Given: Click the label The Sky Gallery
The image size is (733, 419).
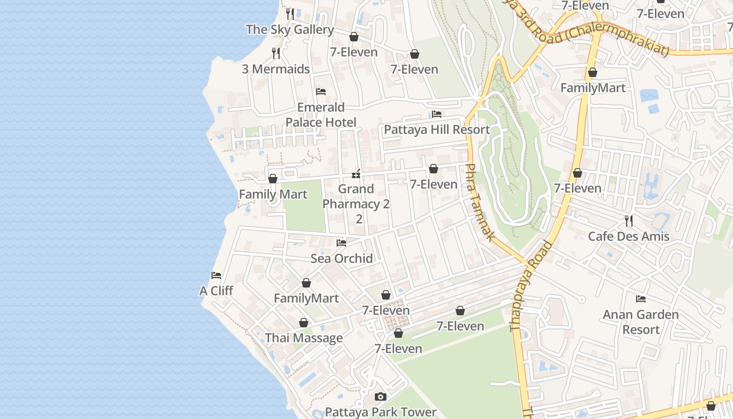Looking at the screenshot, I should pyautogui.click(x=290, y=30).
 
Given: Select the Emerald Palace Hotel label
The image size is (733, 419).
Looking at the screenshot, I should pyautogui.click(x=320, y=115).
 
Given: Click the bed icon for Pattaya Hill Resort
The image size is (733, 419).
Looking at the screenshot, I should pyautogui.click(x=437, y=114).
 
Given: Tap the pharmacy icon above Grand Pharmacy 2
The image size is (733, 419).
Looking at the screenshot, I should pyautogui.click(x=356, y=173).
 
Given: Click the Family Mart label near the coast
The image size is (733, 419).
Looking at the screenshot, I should pyautogui.click(x=273, y=194).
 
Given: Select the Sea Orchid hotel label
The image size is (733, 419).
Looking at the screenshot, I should pyautogui.click(x=341, y=258).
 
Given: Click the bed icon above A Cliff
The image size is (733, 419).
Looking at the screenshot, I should pyautogui.click(x=216, y=275).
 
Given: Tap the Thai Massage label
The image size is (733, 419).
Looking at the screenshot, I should pyautogui.click(x=304, y=338).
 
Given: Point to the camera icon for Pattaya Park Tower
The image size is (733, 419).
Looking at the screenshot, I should pyautogui.click(x=381, y=397).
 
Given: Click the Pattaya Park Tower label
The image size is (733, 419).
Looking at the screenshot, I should pyautogui.click(x=381, y=412).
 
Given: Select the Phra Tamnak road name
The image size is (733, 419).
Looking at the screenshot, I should pyautogui.click(x=479, y=202).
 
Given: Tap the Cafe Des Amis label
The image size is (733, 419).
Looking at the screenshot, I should pyautogui.click(x=628, y=236).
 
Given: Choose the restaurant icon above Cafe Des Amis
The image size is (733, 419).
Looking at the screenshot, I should pyautogui.click(x=628, y=220).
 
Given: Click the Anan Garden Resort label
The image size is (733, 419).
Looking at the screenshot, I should pyautogui.click(x=640, y=322).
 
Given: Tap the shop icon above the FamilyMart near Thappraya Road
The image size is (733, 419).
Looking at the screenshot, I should pyautogui.click(x=593, y=72).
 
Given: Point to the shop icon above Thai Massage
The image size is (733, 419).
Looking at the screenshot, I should pyautogui.click(x=303, y=323).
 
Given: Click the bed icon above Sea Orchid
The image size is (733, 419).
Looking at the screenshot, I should pyautogui.click(x=341, y=243).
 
